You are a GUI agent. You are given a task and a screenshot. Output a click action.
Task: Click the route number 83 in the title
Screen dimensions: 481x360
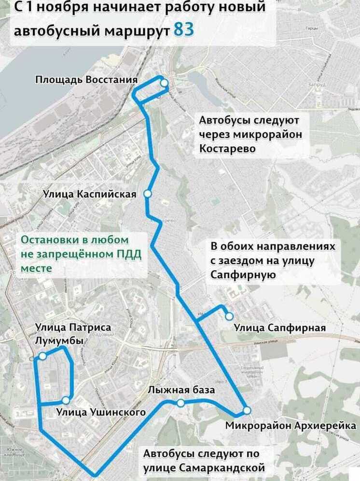point(183,29)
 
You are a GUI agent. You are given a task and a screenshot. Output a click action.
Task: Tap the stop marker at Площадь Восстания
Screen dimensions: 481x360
point(164,83)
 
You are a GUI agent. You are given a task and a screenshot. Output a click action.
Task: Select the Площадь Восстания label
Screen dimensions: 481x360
point(87,79)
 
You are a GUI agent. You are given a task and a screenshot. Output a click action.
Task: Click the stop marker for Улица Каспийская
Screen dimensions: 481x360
point(148,194)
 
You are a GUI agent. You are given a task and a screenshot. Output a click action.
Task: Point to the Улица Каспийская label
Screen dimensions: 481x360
point(90,194)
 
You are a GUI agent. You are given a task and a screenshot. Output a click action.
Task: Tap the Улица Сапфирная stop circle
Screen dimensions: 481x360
point(229,316)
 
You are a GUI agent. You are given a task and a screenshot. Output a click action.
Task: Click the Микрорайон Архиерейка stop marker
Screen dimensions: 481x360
point(247,410)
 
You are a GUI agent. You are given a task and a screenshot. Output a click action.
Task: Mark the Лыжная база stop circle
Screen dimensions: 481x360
point(180,403)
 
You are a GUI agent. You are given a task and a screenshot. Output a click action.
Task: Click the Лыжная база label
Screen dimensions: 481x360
point(181,390)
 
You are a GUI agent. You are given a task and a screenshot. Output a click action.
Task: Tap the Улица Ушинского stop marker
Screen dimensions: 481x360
point(66,400)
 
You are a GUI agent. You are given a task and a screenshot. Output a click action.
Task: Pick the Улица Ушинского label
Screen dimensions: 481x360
point(101,412)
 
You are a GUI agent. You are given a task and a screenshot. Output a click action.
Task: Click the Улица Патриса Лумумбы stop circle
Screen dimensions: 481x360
point(42,356)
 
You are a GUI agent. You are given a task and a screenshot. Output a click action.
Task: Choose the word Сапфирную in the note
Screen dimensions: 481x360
point(243,274)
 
